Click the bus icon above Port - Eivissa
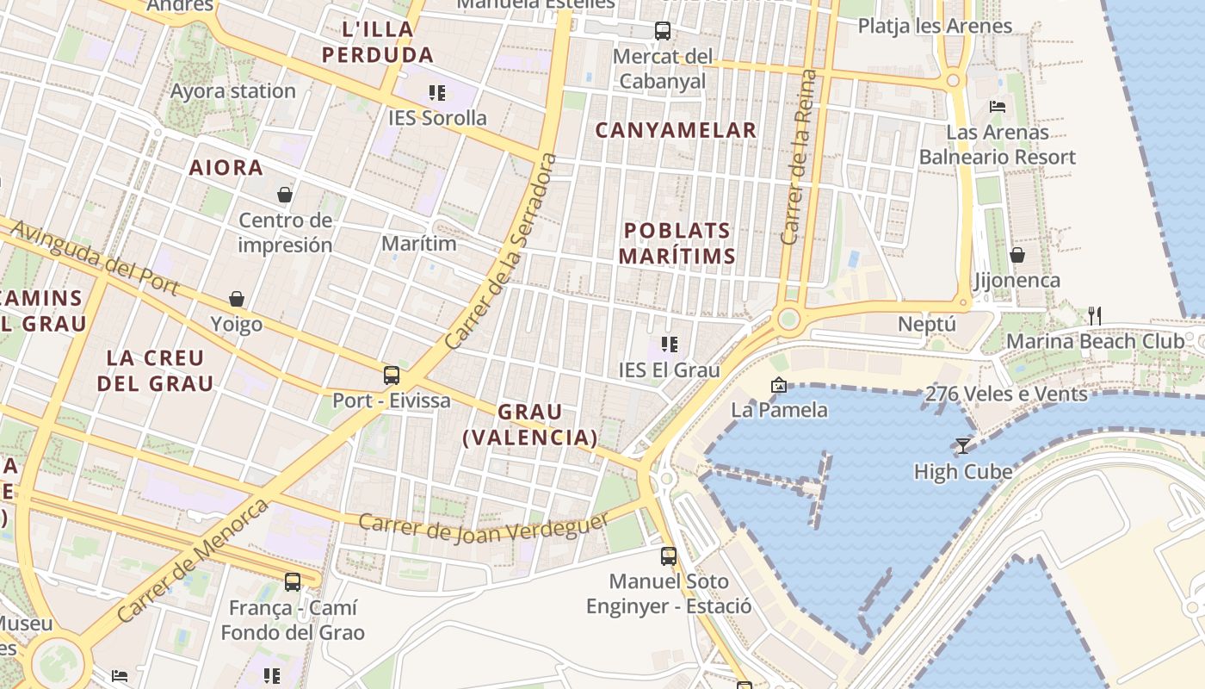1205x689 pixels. (x=392, y=376)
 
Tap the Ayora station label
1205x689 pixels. (x=232, y=90)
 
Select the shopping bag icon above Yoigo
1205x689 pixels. (x=237, y=299)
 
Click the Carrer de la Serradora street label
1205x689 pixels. (x=502, y=251)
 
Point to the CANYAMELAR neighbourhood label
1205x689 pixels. (x=677, y=130)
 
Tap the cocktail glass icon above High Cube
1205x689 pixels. (x=963, y=445)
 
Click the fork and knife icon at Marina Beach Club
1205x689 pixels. (x=1094, y=315)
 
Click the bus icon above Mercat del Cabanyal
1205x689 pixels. (x=663, y=31)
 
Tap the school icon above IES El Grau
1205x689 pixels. (x=670, y=345)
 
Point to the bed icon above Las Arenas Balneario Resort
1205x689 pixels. (x=998, y=107)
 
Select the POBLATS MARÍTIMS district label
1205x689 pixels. (x=677, y=243)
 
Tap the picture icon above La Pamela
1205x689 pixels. (x=779, y=385)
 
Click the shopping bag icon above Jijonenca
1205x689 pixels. (x=1017, y=255)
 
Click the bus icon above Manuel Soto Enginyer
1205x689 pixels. (x=669, y=556)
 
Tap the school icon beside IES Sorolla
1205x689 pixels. (x=437, y=92)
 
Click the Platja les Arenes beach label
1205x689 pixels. (x=935, y=26)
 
